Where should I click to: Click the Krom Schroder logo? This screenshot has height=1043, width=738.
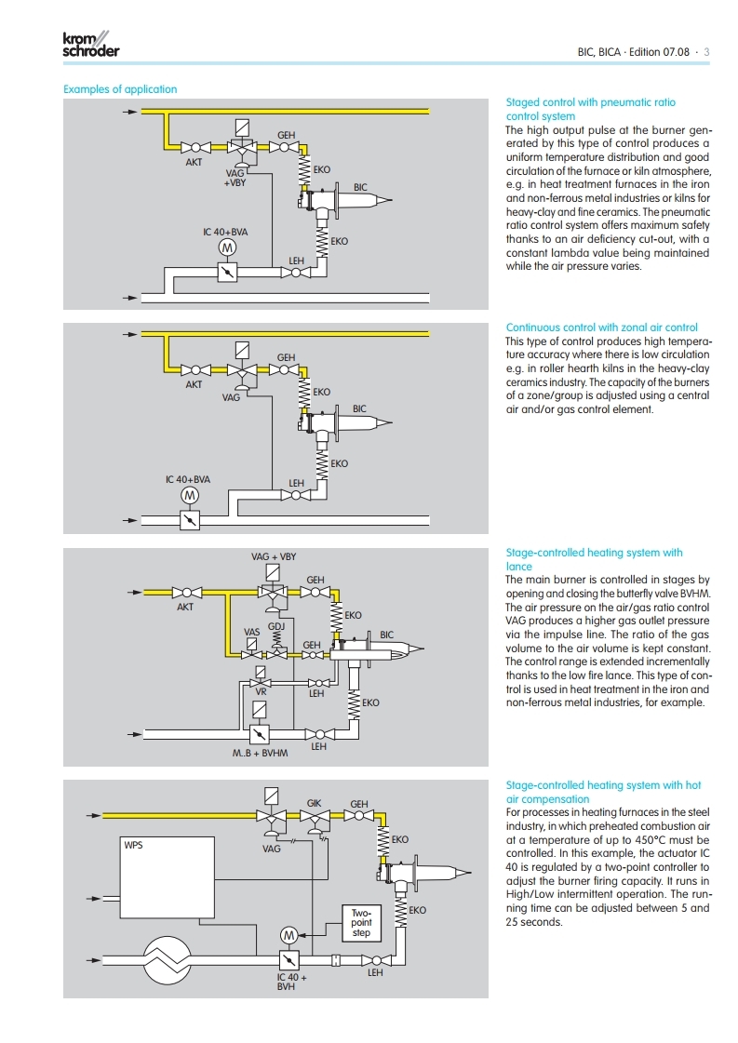90,46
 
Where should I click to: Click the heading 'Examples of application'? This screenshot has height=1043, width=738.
119,89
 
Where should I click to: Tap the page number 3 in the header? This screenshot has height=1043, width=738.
706,52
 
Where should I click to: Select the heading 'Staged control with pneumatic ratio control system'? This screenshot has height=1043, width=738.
590,109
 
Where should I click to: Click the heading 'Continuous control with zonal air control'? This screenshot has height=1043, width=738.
601,328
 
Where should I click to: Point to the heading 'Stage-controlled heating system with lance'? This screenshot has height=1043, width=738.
593,559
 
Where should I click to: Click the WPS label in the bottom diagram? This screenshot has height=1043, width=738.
134,846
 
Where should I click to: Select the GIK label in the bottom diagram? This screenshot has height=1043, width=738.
315,803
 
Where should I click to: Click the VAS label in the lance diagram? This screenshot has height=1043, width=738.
251,632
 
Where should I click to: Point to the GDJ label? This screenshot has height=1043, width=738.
275,626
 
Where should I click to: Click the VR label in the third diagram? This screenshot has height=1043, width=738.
262,693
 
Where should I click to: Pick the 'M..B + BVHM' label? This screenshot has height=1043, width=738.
261,752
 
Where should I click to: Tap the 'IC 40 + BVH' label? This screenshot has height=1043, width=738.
291,983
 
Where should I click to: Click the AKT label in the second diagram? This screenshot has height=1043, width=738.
194,384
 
